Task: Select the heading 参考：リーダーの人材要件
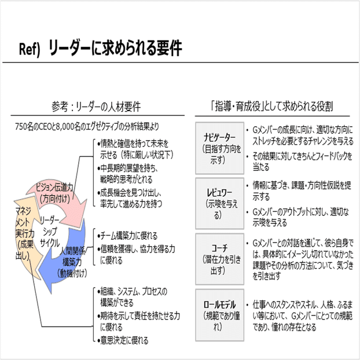click(x=95, y=107)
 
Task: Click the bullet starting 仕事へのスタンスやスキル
click(x=301, y=313)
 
